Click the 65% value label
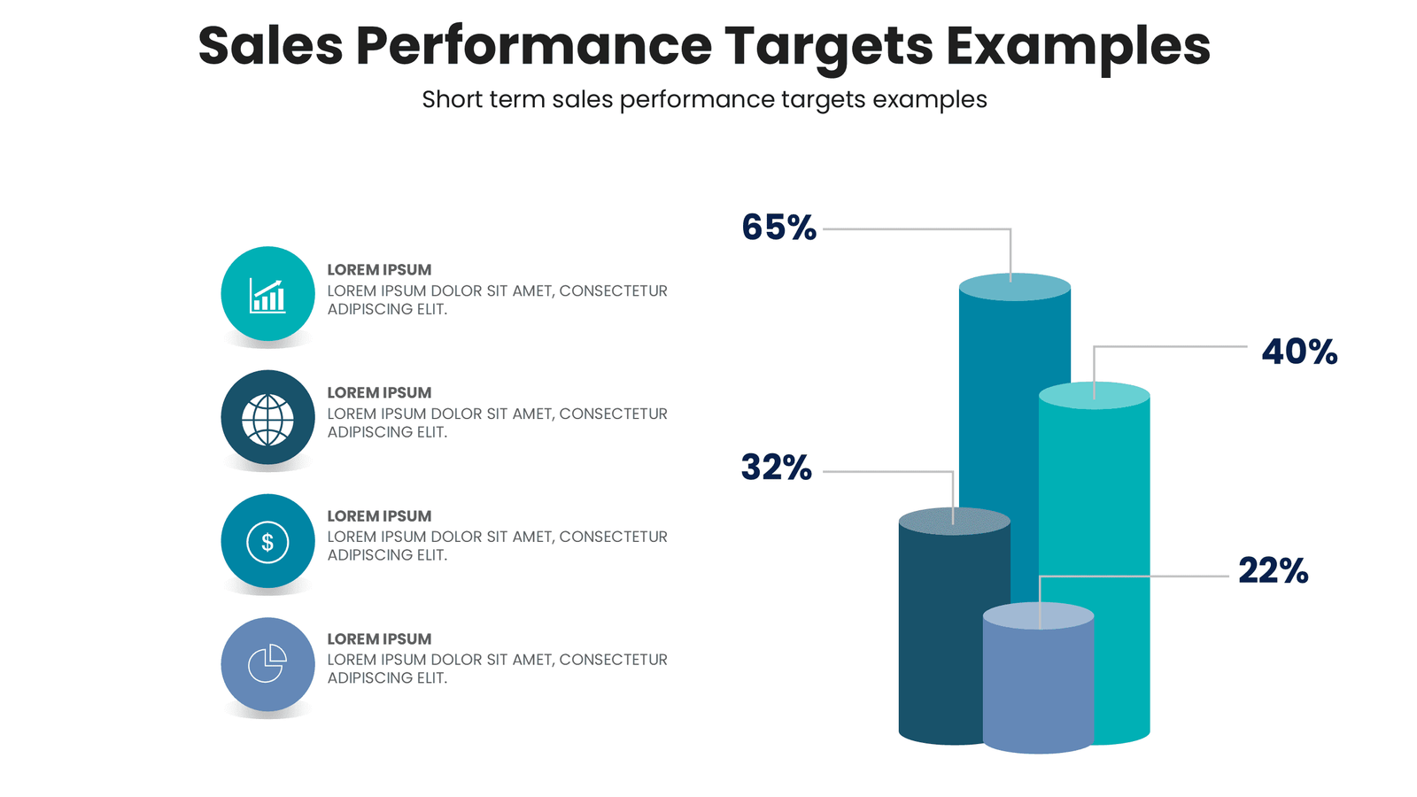778,228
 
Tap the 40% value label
1298,352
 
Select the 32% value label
776,468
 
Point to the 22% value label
1273,571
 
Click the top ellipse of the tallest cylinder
1015,287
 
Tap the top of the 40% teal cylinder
1095,395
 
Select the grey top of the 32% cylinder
954,521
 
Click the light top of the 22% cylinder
1038,615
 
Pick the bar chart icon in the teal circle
267,295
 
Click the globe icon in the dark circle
267,418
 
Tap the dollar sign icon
267,541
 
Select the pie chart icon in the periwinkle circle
267,664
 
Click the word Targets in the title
828,46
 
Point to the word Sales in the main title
270,46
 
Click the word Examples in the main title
1077,46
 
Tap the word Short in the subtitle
452,99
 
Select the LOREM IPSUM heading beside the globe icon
379,392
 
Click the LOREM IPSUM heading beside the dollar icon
379,515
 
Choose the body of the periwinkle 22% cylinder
1038,691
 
